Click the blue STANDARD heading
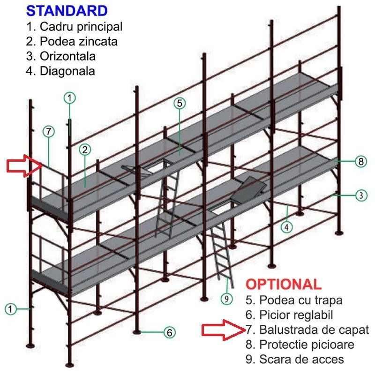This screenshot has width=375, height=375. [67, 11]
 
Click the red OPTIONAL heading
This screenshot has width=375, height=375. [284, 285]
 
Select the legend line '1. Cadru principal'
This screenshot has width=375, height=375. [74, 27]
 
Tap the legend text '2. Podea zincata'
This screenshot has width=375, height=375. [72, 41]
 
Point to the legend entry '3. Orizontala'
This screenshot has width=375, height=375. [61, 56]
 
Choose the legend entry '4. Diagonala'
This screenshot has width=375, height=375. [60, 71]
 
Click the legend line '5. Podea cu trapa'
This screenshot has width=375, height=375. [294, 300]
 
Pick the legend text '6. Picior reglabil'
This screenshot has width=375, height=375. [289, 315]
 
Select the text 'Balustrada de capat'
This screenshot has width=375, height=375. [314, 330]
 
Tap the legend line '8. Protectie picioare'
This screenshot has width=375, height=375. [300, 345]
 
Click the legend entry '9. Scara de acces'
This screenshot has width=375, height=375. [295, 359]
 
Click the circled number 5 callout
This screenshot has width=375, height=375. [180, 103]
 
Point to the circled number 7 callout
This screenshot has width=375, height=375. [49, 132]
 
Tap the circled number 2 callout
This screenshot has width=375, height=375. [85, 150]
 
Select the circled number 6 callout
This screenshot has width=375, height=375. [170, 332]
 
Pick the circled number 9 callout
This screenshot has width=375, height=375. [226, 299]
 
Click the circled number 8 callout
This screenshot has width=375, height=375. [361, 161]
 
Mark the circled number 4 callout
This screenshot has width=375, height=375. [287, 227]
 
